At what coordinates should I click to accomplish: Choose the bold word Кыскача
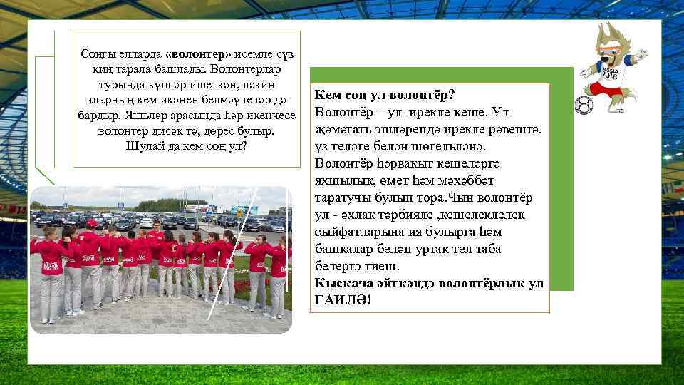344,283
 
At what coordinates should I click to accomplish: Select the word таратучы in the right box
345,197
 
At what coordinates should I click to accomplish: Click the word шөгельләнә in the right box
440,146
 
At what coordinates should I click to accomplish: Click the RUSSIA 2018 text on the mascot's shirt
608,72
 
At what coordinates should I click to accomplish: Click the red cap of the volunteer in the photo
91,224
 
